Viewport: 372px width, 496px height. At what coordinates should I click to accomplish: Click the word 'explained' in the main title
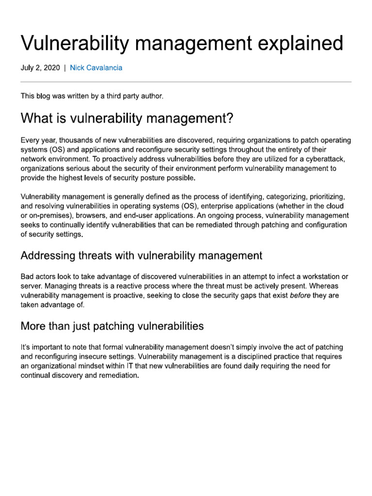point(297,44)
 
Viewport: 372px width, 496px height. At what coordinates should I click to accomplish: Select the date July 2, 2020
point(40,68)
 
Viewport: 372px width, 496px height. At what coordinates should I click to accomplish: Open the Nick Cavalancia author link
point(96,68)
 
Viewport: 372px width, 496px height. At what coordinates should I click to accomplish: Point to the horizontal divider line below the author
point(186,81)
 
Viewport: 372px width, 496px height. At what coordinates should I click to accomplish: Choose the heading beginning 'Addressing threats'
point(141,255)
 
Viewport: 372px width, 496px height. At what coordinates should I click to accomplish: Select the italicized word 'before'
point(300,295)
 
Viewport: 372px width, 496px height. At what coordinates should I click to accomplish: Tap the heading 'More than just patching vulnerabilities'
point(112,326)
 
